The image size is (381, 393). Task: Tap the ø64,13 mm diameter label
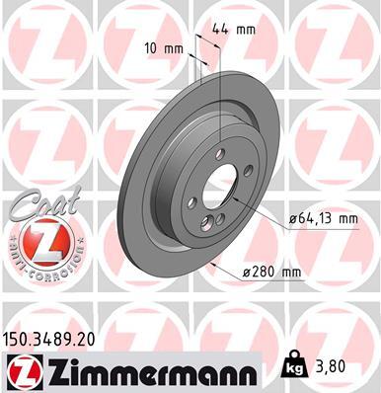pos(324,222)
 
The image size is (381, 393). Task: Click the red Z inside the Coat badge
pos(37,240)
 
